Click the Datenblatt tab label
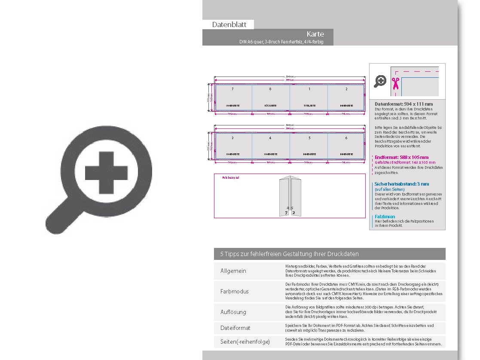pos(229,25)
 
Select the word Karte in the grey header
pos(315,34)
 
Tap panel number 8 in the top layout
pos(270,89)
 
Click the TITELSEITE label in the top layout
pos(308,105)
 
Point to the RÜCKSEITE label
pos(270,105)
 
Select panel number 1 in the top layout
pos(309,89)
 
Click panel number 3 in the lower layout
pos(232,138)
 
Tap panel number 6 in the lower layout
pos(346,138)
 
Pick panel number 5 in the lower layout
pos(309,138)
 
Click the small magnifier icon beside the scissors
pos(380,81)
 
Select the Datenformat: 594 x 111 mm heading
pos(404,104)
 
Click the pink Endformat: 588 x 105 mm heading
pos(401,157)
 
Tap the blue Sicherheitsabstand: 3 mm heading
pos(401,184)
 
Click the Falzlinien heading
pos(385,217)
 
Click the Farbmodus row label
pos(234,291)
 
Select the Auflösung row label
pos(233,311)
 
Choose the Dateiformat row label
pos(235,328)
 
